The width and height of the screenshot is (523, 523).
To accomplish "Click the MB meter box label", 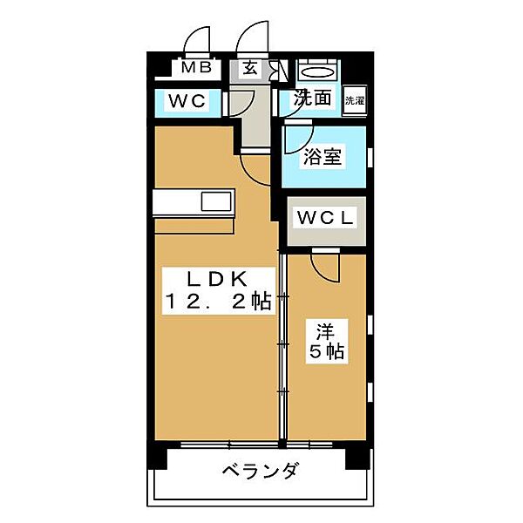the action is (x=196, y=68).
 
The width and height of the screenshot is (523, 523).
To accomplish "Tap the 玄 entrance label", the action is (x=250, y=68).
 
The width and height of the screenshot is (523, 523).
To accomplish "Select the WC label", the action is (x=187, y=100).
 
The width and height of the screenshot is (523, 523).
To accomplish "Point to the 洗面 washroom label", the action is (x=312, y=98).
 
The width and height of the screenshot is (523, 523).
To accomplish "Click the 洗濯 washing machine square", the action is (x=355, y=100).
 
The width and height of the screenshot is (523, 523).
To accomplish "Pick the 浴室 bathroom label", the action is (x=323, y=156).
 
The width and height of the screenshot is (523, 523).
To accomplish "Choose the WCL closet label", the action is (x=325, y=217).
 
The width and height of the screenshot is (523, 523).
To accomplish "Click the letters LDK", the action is (x=217, y=279).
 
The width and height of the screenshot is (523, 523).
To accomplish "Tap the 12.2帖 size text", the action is (x=218, y=302).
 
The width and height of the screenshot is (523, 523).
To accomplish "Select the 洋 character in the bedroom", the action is (x=325, y=331).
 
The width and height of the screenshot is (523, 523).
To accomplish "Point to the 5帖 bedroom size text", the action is (x=327, y=351).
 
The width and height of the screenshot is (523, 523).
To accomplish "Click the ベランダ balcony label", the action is (x=260, y=471).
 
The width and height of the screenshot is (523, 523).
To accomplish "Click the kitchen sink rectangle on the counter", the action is (x=216, y=202).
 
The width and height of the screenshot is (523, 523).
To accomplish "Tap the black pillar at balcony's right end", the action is (x=357, y=459).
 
